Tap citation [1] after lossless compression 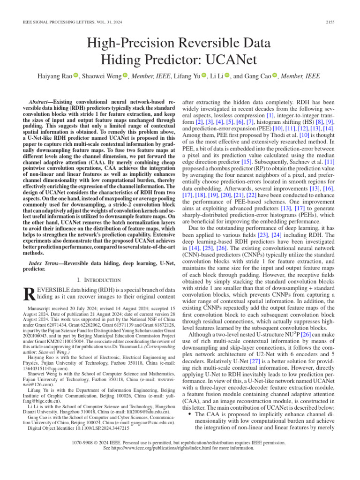coord(270,115)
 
